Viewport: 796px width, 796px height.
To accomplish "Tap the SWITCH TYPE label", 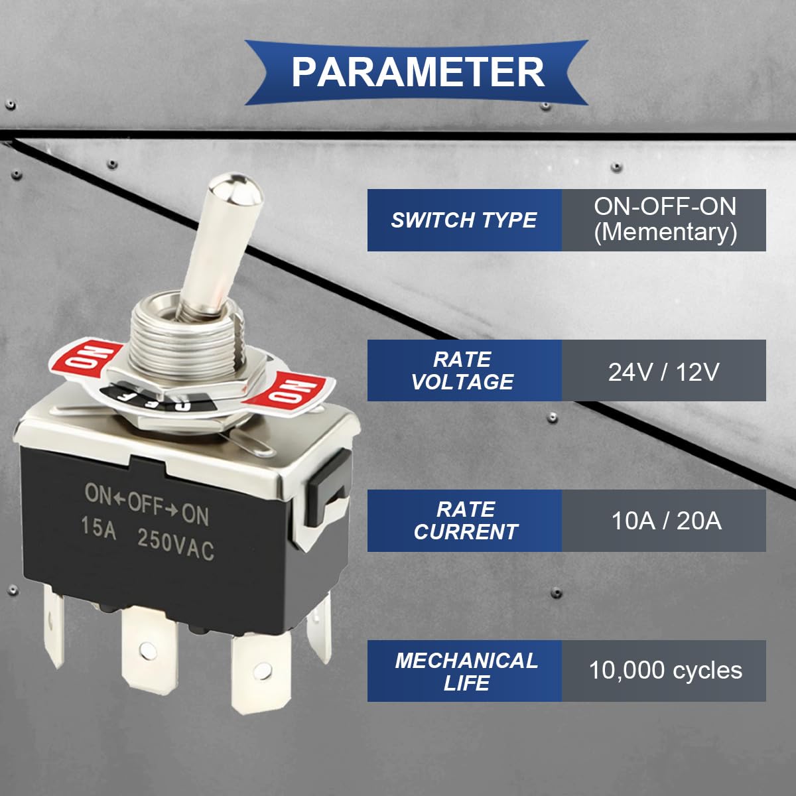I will coord(464,220).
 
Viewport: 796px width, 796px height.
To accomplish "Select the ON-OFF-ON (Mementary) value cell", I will coord(665,220).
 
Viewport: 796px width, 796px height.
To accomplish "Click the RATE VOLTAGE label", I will coord(463,371).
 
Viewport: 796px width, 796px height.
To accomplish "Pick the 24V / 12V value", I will coord(663,371).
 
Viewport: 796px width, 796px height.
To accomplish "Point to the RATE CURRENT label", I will coord(465,521).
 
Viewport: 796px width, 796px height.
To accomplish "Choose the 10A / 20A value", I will coord(665,521).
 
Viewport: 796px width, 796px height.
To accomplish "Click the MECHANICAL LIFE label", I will coord(466,671).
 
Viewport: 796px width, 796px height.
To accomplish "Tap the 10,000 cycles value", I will coord(665,671).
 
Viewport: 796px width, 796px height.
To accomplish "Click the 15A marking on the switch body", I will coord(98,527).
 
